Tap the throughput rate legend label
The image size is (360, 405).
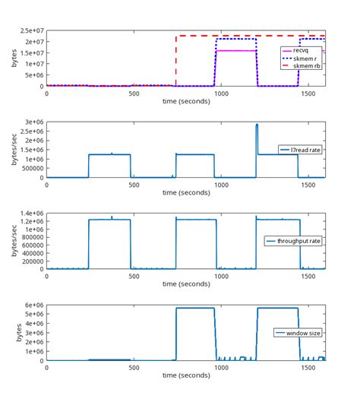click(298, 241)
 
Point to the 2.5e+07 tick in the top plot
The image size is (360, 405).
click(29, 31)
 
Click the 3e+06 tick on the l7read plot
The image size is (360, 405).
click(32, 122)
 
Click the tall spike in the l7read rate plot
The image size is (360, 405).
click(257, 127)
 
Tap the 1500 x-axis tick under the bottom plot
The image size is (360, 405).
click(308, 368)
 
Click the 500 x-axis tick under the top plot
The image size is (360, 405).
click(134, 93)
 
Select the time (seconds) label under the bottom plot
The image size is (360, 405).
click(186, 375)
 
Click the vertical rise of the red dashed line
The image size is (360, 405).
click(176, 61)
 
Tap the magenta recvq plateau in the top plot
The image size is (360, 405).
click(235, 51)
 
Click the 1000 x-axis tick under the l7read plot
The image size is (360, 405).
click(221, 185)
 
